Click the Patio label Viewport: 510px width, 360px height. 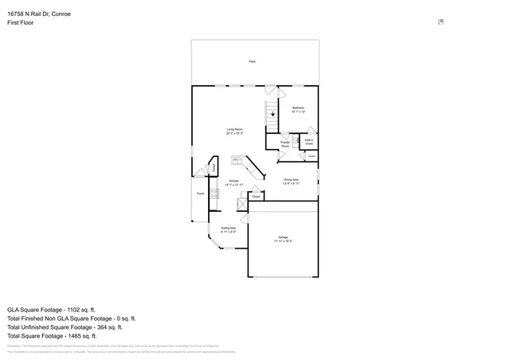pos(252,61)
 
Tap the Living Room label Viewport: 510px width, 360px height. pos(234,131)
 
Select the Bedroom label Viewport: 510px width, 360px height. pos(298,109)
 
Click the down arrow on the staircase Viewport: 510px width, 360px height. pos(273,114)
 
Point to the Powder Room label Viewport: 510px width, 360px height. pos(284,144)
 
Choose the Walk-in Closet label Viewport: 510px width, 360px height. pos(308,142)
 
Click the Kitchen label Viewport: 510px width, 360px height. pos(233,182)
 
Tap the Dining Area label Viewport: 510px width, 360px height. pos(291,181)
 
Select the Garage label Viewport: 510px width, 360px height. pos(283,238)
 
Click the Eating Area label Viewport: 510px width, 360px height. pos(228,230)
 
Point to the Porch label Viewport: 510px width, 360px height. pos(201,194)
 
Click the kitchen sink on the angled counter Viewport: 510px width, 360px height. pos(236,159)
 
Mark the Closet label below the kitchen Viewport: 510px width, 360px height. pos(257,195)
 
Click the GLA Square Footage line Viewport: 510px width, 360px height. pos(52,309)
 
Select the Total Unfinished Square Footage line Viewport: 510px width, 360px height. pos(65,327)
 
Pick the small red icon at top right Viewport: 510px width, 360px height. pos(441,22)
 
